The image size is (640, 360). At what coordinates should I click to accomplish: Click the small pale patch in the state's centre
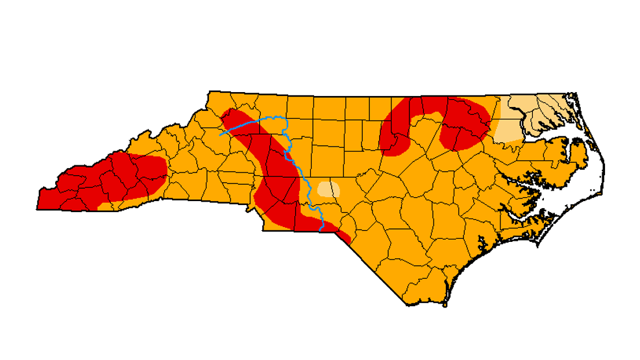pyautogui.click(x=328, y=189)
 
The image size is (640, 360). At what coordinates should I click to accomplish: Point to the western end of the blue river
pyautogui.click(x=221, y=134)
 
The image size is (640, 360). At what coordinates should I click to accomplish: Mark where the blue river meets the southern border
pyautogui.click(x=323, y=230)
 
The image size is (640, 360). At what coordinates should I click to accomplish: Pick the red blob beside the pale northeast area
pyautogui.click(x=464, y=123)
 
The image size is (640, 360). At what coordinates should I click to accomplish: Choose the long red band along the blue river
pyautogui.click(x=276, y=175)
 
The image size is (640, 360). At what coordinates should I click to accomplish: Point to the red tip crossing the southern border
pyautogui.click(x=344, y=236)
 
